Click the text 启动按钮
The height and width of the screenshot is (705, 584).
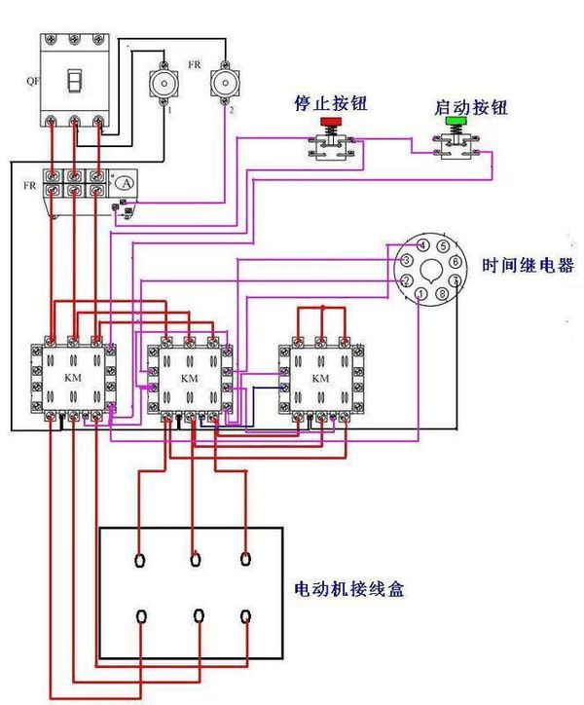pyautogui.click(x=473, y=107)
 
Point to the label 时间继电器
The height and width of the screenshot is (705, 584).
pyautogui.click(x=528, y=266)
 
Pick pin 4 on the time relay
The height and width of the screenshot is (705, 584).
pyautogui.click(x=421, y=245)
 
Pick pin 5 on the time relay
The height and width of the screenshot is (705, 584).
pyautogui.click(x=443, y=246)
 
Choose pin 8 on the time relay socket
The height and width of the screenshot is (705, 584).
pyautogui.click(x=443, y=293)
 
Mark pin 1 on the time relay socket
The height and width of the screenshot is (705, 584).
pyautogui.click(x=420, y=293)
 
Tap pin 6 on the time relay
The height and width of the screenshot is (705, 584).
pyautogui.click(x=456, y=262)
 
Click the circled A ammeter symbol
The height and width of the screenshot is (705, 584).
pyautogui.click(x=123, y=182)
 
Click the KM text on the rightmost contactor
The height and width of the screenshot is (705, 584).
pyautogui.click(x=320, y=378)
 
